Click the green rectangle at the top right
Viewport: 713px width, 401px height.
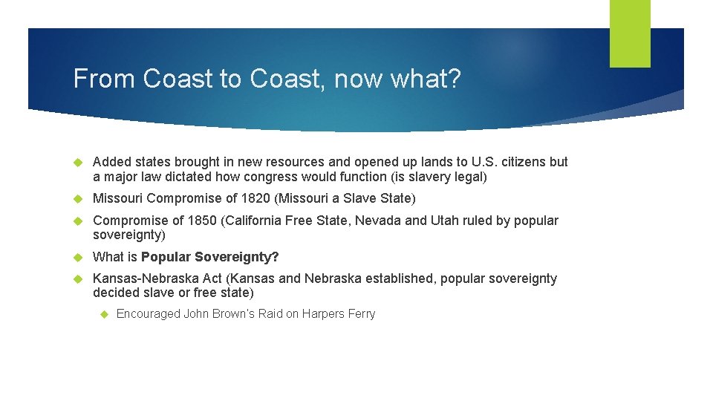630,33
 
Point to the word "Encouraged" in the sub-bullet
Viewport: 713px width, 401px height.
148,314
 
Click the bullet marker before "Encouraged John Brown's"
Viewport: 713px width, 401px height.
103,314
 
